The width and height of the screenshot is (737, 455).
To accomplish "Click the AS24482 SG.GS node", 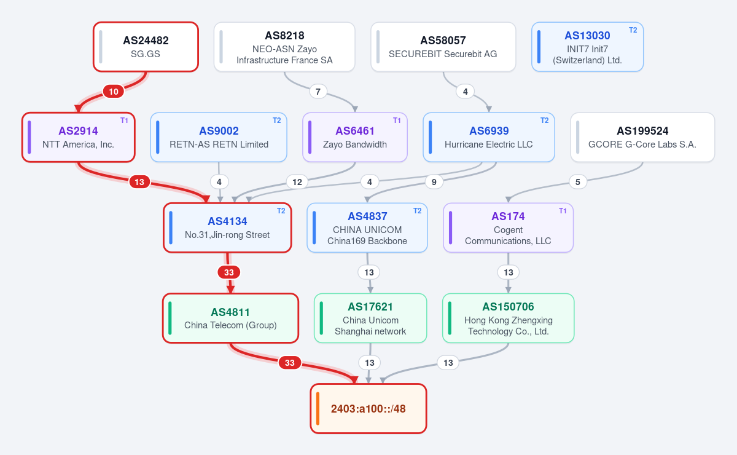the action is point(146,47).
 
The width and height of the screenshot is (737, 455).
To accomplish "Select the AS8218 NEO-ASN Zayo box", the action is point(284,47).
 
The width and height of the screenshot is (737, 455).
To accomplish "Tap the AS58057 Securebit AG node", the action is point(443,47).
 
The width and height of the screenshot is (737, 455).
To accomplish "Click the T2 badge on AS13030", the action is point(633,30).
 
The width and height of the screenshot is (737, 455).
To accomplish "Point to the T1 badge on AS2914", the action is point(124,121).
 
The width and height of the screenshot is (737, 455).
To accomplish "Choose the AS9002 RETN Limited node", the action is point(219,137).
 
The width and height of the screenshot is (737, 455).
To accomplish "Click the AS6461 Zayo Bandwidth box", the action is point(355,137).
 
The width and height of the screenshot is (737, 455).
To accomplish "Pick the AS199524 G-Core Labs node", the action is point(642,137).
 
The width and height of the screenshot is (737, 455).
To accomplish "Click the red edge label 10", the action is point(114,92).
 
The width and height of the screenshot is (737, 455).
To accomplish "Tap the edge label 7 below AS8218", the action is point(318,92).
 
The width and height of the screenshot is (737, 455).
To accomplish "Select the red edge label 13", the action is point(139,182).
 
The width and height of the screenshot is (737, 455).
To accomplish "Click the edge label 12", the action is point(297,182).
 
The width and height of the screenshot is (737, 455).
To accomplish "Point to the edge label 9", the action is point(434,182).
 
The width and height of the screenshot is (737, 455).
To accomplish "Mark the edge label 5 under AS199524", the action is point(578,182).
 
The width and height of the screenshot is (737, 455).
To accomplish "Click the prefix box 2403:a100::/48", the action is point(368,408).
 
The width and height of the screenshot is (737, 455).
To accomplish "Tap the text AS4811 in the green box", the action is point(230,312).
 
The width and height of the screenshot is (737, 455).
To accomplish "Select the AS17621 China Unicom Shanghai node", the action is point(370,318).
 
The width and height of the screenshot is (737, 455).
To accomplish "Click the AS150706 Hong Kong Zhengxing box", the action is point(509,318).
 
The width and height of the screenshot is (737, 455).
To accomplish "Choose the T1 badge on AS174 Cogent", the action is point(563,211).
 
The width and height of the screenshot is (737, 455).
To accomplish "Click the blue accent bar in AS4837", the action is point(314,228).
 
